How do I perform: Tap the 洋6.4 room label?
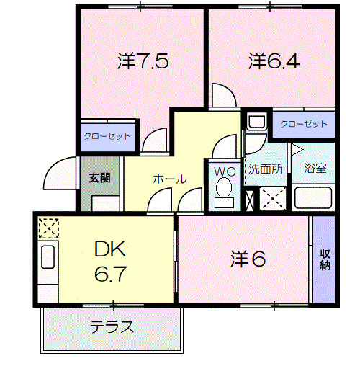(x=273, y=61)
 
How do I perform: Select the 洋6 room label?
(x=248, y=258)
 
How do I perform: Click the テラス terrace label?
(x=112, y=327)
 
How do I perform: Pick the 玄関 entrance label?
(x=99, y=177)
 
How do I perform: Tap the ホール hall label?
(x=169, y=179)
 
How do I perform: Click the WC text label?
(x=225, y=171)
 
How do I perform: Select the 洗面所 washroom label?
(x=266, y=169)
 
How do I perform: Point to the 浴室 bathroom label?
(x=315, y=169)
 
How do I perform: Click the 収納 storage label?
(x=324, y=259)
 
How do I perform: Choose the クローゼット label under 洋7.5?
(x=107, y=135)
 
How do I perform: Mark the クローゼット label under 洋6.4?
(x=303, y=123)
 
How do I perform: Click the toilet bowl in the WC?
(x=225, y=190)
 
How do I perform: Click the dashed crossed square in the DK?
(x=48, y=229)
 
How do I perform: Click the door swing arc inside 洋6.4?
(x=223, y=95)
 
